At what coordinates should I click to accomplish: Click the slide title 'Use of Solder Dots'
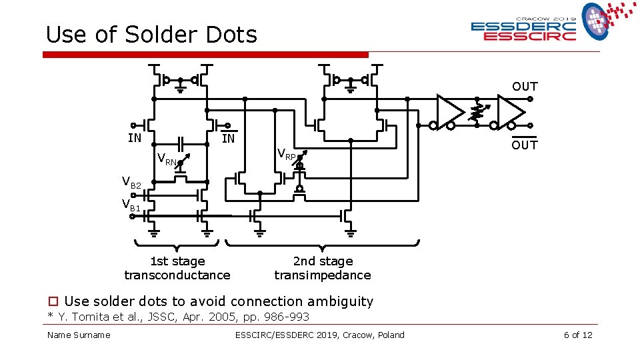pyautogui.click(x=151, y=35)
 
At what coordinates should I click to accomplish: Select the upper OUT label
pyautogui.click(x=525, y=87)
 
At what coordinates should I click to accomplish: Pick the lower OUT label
pyautogui.click(x=525, y=145)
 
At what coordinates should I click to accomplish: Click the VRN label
pyautogui.click(x=167, y=159)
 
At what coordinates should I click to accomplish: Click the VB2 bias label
pyautogui.click(x=131, y=181)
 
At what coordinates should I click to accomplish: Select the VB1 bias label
pyautogui.click(x=131, y=205)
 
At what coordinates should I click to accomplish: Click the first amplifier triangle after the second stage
pyautogui.click(x=449, y=109)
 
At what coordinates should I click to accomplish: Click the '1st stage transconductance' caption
pyautogui.click(x=177, y=268)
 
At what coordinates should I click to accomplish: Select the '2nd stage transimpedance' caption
pyautogui.click(x=323, y=268)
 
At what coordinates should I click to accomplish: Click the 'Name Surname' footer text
pyautogui.click(x=79, y=335)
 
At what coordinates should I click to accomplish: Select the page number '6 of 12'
pyautogui.click(x=577, y=335)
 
